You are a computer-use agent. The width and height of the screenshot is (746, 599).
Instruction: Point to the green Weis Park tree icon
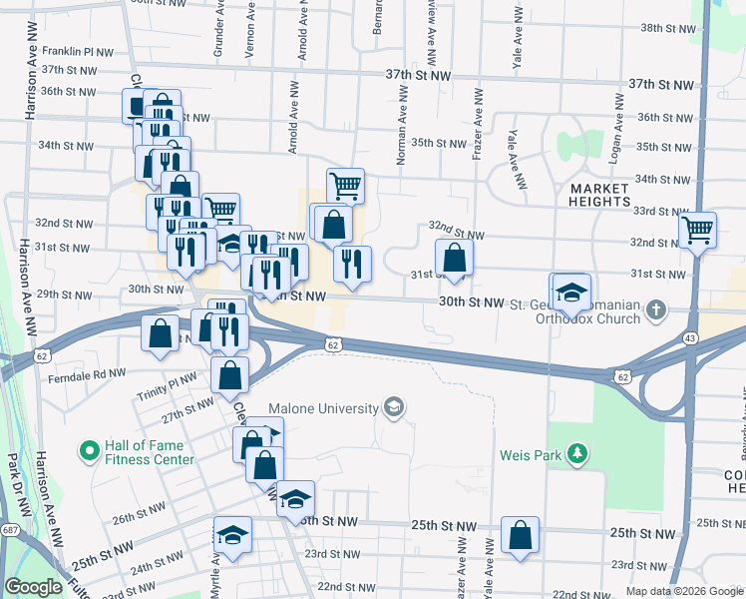tap(576, 455)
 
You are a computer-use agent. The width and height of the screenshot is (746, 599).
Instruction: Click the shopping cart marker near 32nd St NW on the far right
tap(697, 230)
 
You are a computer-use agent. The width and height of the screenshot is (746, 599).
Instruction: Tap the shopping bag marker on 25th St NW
tap(521, 536)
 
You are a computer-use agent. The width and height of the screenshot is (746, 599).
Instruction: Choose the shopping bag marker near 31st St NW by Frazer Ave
tap(454, 258)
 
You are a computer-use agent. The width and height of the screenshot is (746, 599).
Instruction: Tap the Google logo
tap(33, 588)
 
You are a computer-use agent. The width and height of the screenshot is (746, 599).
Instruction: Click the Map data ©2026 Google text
tap(683, 591)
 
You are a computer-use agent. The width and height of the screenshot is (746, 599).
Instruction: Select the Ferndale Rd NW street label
tap(87, 378)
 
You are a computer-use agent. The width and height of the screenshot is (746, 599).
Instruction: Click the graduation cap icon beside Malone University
tap(394, 407)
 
